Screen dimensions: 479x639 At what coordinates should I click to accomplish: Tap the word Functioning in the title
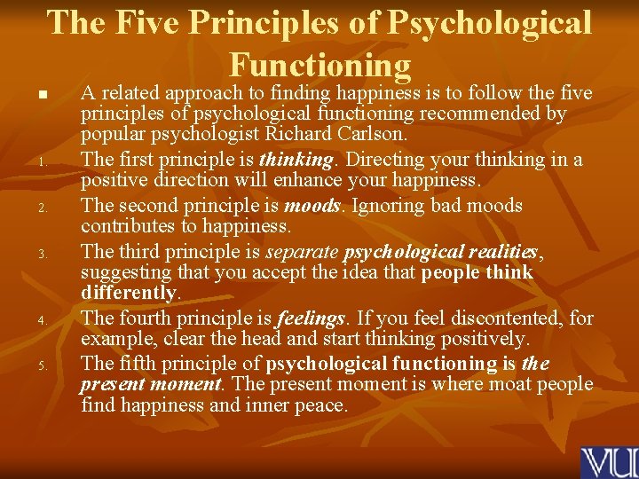click(x=319, y=65)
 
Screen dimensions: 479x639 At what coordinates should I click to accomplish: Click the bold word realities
click(x=497, y=251)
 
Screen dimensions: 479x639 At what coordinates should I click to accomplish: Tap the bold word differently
click(x=128, y=293)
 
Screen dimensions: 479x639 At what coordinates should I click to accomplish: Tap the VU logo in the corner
click(x=609, y=462)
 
